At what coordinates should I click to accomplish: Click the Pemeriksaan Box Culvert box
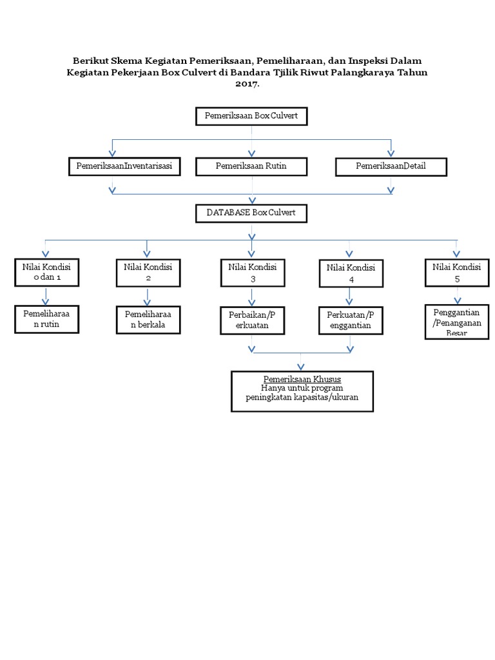[x=251, y=116]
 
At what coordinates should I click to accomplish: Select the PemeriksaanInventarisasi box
[x=124, y=166]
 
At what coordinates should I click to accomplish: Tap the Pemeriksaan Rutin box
[x=251, y=166]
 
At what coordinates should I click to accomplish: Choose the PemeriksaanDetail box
[x=391, y=166]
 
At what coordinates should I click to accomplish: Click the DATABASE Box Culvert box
[x=251, y=213]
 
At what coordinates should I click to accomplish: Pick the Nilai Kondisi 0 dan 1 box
[x=46, y=273]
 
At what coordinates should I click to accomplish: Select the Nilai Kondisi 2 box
[x=148, y=273]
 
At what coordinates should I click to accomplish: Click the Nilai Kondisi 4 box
[x=350, y=273]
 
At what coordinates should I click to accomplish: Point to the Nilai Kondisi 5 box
[x=456, y=273]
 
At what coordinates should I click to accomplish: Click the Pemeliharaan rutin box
[x=46, y=320]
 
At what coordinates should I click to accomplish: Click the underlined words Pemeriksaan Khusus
[x=302, y=379]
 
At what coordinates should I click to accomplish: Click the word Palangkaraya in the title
[x=366, y=73]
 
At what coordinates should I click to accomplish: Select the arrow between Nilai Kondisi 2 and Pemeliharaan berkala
[x=148, y=296]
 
